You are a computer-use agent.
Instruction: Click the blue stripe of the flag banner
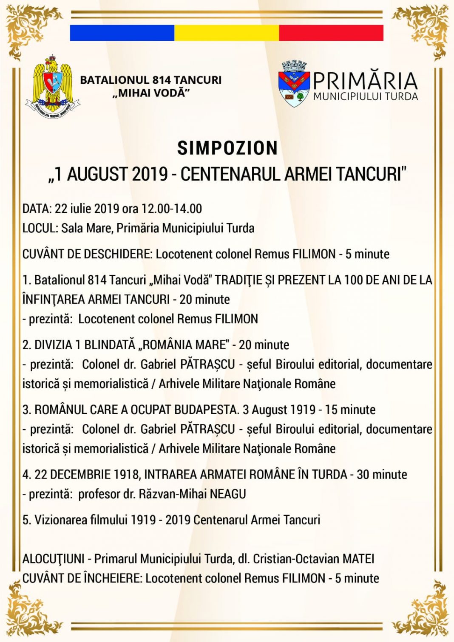point(122,33)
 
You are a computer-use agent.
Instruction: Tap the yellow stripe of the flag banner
point(227,33)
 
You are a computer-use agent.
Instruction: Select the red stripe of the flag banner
point(331,33)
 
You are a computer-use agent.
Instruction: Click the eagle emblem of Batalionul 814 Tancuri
point(53,87)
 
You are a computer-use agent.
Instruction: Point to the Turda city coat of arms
point(294,84)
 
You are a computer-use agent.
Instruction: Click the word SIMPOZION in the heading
point(227,148)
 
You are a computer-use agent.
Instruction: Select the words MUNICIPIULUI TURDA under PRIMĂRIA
point(366,97)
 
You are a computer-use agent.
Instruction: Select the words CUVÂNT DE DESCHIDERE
point(87,254)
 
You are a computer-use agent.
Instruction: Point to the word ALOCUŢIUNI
point(53,558)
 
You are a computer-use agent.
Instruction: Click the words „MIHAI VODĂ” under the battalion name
point(151,93)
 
